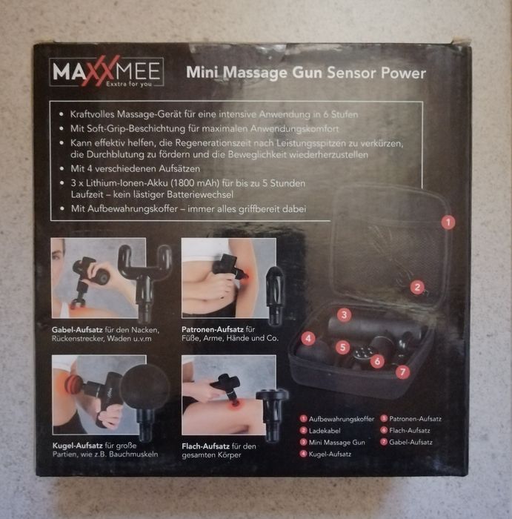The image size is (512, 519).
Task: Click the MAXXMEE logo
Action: click(106, 72)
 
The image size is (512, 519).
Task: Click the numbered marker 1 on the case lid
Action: click(448, 222)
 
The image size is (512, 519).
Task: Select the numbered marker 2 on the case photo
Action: click(417, 287)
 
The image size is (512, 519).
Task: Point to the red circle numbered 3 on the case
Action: click(344, 314)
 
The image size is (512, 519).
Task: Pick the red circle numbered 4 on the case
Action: click(308, 338)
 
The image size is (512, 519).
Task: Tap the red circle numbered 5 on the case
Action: click(342, 347)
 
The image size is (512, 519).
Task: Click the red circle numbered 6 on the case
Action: click(377, 361)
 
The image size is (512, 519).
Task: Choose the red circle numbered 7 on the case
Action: click(402, 371)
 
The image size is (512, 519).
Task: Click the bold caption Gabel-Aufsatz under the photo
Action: click(77, 330)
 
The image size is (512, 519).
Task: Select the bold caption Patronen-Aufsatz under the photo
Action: click(213, 329)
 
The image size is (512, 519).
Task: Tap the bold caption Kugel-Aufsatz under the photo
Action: click(78, 446)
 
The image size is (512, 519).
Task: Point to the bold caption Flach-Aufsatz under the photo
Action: click(205, 446)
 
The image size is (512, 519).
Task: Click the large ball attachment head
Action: click(144, 389)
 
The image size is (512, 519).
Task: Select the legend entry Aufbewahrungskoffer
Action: click(342, 419)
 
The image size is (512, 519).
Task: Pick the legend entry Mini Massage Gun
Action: click(337, 443)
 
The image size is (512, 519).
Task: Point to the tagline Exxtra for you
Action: click(129, 84)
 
